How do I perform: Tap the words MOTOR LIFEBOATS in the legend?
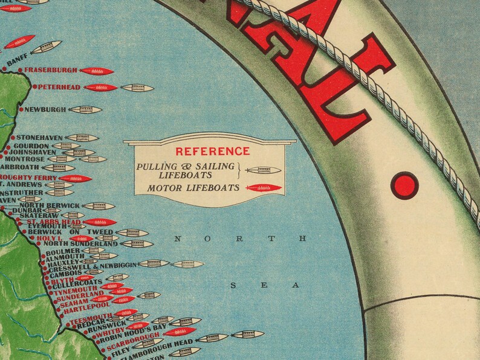[x=185, y=188]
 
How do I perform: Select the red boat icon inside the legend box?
[x=264, y=188]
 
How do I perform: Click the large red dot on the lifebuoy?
[x=401, y=183]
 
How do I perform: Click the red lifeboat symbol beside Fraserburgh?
[x=97, y=71]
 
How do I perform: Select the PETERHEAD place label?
[x=60, y=88]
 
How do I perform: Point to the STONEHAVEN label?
[x=39, y=138]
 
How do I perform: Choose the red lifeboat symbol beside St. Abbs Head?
[x=100, y=222]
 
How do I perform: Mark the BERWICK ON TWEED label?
[x=76, y=232]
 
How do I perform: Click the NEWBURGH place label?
[x=45, y=110]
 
